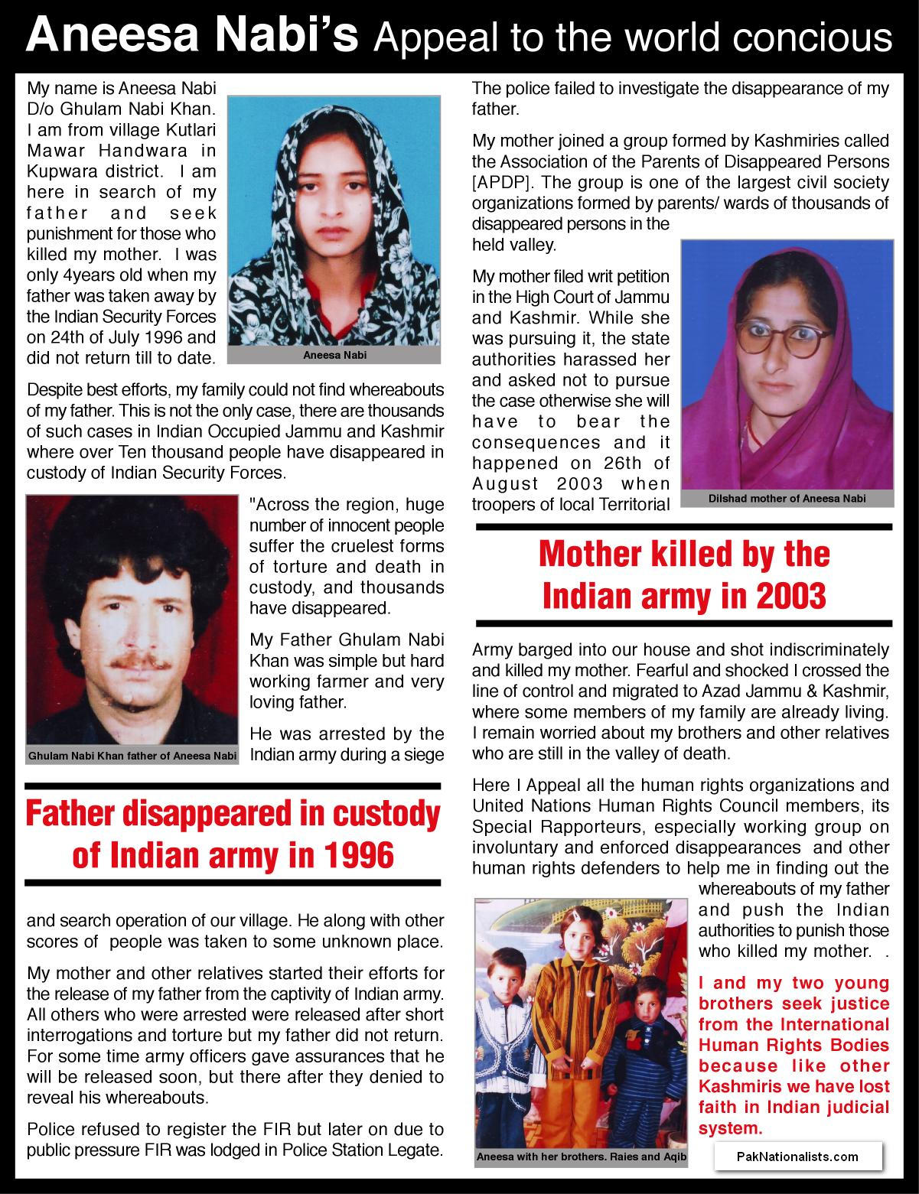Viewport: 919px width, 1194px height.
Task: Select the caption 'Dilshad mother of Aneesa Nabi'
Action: click(x=787, y=498)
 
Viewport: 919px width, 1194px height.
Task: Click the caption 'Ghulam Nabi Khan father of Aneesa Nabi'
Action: click(x=132, y=756)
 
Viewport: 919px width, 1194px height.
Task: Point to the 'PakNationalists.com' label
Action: click(x=797, y=1157)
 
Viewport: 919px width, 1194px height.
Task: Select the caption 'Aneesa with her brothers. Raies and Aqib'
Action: click(x=581, y=1157)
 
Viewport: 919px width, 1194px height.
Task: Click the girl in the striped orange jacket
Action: click(x=582, y=1017)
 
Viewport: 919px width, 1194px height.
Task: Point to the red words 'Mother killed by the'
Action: click(x=684, y=554)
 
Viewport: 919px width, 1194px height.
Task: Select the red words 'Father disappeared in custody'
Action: click(x=233, y=815)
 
